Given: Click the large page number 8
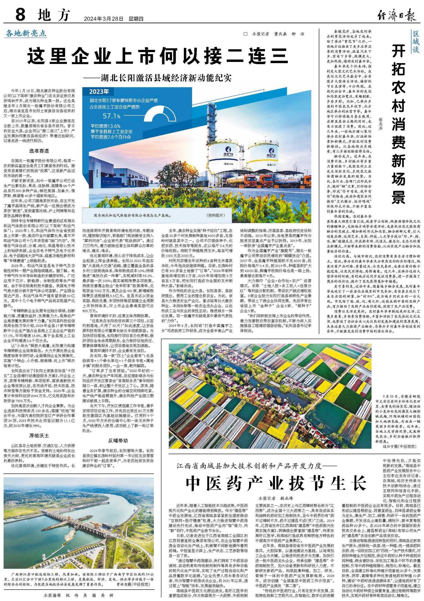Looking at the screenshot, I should coord(20,15).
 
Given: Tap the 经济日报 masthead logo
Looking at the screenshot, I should coord(397,15).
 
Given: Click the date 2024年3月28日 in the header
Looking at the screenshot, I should coord(104,19).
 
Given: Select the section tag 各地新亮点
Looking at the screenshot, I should coord(26,33).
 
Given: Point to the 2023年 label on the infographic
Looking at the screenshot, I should coord(99,92).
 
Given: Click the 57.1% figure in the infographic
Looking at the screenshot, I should coord(111,116).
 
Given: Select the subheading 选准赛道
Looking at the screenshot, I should coord(39,151).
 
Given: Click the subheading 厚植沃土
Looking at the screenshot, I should coord(39,435).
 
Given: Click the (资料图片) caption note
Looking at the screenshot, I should coord(215,215).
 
